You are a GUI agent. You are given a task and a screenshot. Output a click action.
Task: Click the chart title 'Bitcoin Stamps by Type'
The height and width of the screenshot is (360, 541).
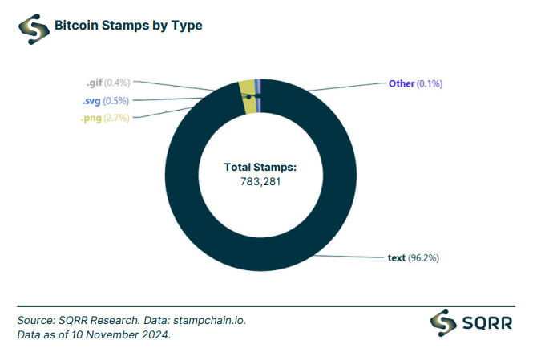pos(128,26)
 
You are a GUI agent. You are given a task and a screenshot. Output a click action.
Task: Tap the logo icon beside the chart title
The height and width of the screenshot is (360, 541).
pos(33,27)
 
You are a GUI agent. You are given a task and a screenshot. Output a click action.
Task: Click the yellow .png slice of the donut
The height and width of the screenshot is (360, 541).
pos(247,87)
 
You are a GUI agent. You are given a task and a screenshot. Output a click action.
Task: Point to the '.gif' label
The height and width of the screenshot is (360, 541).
pos(97,83)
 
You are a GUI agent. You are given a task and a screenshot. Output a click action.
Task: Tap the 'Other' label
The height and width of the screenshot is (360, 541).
pos(402,83)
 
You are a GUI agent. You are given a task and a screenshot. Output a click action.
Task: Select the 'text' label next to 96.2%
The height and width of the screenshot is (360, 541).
pos(396,258)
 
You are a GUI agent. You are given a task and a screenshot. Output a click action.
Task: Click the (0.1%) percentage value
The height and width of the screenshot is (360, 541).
pos(431,83)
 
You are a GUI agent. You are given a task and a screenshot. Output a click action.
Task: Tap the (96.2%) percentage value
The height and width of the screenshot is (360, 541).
pos(424,258)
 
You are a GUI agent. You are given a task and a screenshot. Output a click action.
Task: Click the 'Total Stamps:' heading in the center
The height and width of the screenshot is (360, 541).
pos(260,168)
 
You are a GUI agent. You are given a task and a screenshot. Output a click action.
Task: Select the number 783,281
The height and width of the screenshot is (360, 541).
pos(260,181)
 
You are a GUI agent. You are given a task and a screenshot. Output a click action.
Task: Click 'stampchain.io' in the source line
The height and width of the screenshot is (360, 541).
pos(209,320)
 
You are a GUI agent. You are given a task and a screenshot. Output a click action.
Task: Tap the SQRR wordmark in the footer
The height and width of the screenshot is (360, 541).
pos(488,324)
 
